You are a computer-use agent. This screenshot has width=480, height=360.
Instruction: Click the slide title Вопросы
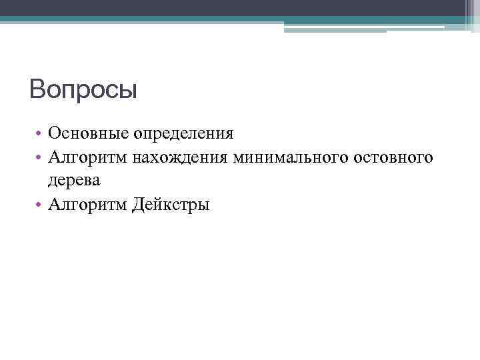(83, 89)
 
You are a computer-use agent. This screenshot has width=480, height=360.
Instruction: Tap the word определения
(183, 133)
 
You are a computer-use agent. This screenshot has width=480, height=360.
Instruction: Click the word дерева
(74, 180)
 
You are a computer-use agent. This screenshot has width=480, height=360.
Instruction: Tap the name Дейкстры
(171, 204)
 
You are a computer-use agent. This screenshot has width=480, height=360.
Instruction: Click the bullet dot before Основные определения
(40, 133)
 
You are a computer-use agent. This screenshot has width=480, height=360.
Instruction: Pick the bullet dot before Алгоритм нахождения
(40, 158)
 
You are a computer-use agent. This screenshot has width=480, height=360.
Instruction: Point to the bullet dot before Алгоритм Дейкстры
(40, 205)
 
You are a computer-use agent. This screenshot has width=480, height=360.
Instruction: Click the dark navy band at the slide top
(240, 7)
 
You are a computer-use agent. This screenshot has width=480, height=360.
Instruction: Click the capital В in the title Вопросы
(38, 89)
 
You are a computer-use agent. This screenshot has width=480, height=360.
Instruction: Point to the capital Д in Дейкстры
(139, 204)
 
